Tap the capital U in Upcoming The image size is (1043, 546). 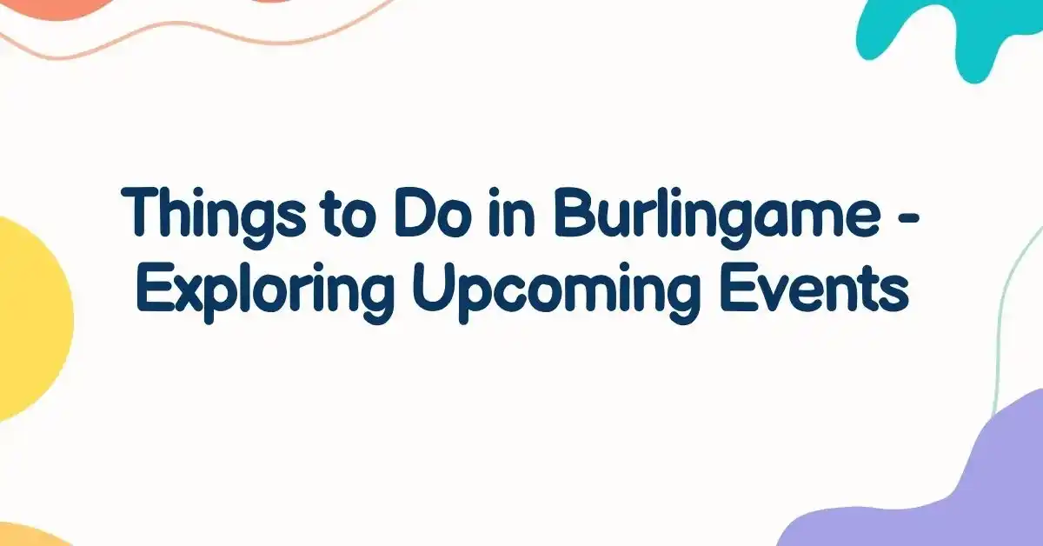tap(431, 288)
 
